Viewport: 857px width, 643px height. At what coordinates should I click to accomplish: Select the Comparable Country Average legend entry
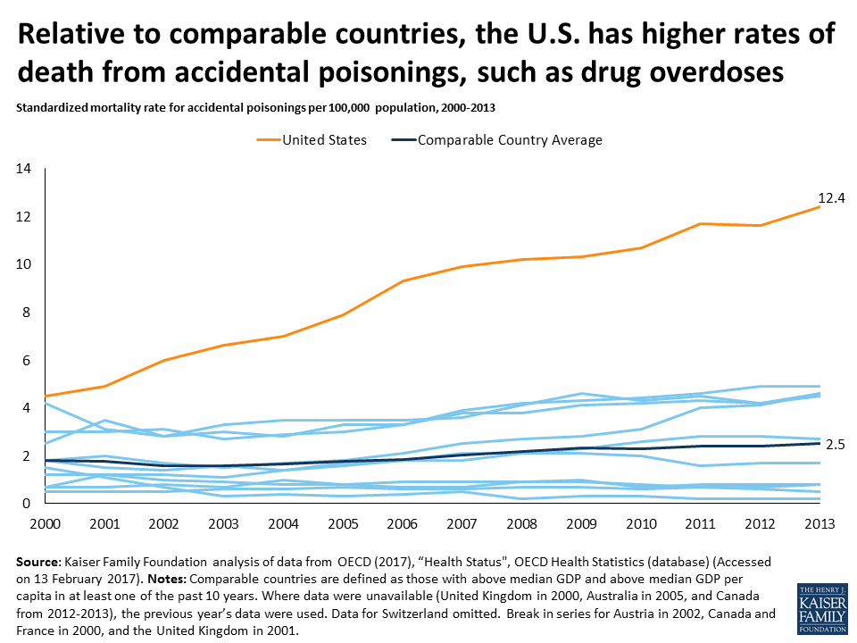(x=510, y=140)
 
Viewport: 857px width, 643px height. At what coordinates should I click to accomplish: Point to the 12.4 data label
(x=831, y=198)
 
